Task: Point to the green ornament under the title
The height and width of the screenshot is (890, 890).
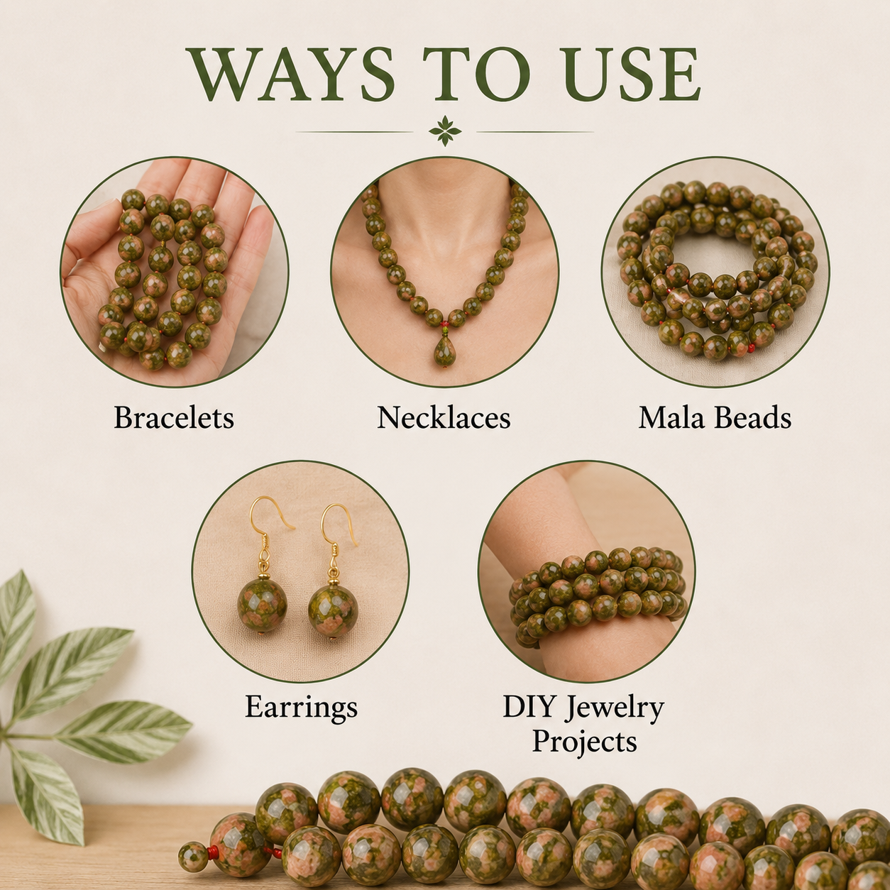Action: click(x=445, y=131)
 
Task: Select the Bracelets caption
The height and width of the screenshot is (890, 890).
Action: click(x=174, y=417)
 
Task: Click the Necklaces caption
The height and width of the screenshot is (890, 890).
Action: click(x=444, y=417)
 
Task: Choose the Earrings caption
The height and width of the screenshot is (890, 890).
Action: click(x=301, y=706)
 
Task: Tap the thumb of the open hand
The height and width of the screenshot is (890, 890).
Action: click(x=83, y=258)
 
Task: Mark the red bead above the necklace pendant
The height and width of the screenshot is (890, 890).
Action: click(x=445, y=324)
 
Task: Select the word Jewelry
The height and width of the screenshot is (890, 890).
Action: click(x=615, y=708)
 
